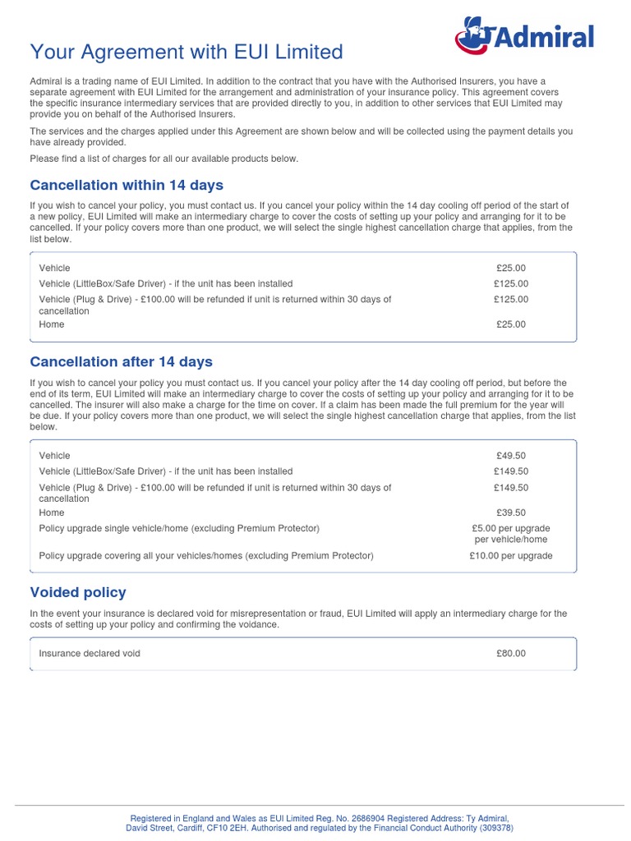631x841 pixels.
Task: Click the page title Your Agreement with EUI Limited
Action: (187, 52)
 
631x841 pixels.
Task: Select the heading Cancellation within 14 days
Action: (127, 185)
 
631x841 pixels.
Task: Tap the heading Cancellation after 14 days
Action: (121, 362)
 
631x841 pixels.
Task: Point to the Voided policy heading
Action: (78, 592)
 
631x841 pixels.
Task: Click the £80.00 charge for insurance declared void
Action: (510, 654)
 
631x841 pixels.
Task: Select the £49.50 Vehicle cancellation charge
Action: (510, 456)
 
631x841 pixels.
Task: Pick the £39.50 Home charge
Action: (510, 513)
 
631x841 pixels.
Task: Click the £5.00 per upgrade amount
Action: (510, 528)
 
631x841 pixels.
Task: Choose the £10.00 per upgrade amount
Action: (510, 556)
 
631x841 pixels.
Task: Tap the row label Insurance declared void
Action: (90, 654)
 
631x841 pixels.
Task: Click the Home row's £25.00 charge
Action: (510, 324)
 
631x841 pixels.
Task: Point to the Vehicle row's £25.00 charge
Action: (510, 269)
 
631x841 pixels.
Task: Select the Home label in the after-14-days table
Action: (51, 513)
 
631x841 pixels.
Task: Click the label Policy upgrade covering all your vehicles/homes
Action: (206, 556)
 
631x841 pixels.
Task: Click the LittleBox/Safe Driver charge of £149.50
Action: (510, 471)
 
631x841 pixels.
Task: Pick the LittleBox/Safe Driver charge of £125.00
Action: (510, 284)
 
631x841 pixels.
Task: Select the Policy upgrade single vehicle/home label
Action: (179, 528)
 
